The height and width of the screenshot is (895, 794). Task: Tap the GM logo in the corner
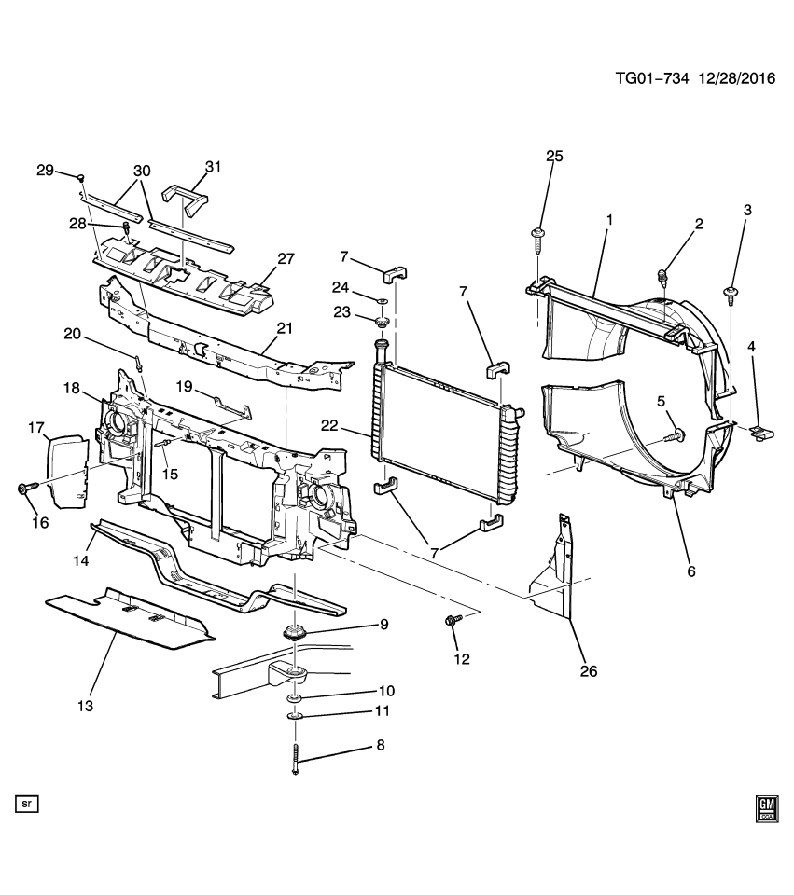[767, 808]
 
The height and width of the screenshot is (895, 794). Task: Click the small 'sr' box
[26, 802]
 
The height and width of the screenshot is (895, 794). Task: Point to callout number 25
[554, 156]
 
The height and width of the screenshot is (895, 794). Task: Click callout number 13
[85, 706]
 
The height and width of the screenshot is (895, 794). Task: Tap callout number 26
[588, 669]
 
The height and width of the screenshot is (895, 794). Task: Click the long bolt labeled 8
[296, 755]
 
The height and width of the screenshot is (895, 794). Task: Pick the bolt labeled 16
[24, 487]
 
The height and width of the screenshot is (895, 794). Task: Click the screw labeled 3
[731, 296]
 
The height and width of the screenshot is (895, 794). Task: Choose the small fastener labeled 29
[82, 176]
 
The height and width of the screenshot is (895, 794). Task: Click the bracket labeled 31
[187, 199]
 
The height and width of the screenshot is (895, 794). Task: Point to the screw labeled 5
[675, 434]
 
